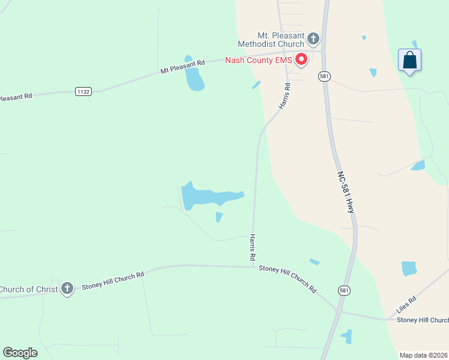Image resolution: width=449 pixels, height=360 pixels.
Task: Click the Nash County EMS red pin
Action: pyautogui.click(x=300, y=59)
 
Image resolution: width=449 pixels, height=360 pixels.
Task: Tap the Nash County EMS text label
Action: pyautogui.click(x=258, y=60)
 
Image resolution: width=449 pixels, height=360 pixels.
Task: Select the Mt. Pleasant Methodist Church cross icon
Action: pyautogui.click(x=313, y=40)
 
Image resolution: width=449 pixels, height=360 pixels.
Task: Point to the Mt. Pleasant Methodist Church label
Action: pyautogui.click(x=271, y=40)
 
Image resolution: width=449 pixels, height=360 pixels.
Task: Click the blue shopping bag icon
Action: pyautogui.click(x=410, y=60)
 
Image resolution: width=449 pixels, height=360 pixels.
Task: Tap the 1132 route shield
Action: pyautogui.click(x=83, y=91)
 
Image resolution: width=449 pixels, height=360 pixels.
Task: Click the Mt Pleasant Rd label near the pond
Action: pyautogui.click(x=182, y=66)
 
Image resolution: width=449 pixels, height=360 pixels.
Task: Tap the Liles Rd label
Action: pyautogui.click(x=406, y=307)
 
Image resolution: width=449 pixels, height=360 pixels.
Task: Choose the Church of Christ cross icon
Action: pyautogui.click(x=67, y=289)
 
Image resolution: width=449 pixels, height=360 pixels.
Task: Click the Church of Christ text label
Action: pyautogui.click(x=28, y=289)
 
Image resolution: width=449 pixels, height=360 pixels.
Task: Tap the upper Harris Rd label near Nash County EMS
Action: pyautogui.click(x=285, y=95)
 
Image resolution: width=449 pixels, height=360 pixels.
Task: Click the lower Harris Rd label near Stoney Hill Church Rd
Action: pyautogui.click(x=253, y=247)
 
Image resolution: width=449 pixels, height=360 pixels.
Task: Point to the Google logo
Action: pyautogui.click(x=20, y=353)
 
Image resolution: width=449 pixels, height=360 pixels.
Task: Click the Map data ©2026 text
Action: pyautogui.click(x=423, y=355)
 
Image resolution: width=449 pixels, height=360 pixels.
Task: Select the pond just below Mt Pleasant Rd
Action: pyautogui.click(x=194, y=79)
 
